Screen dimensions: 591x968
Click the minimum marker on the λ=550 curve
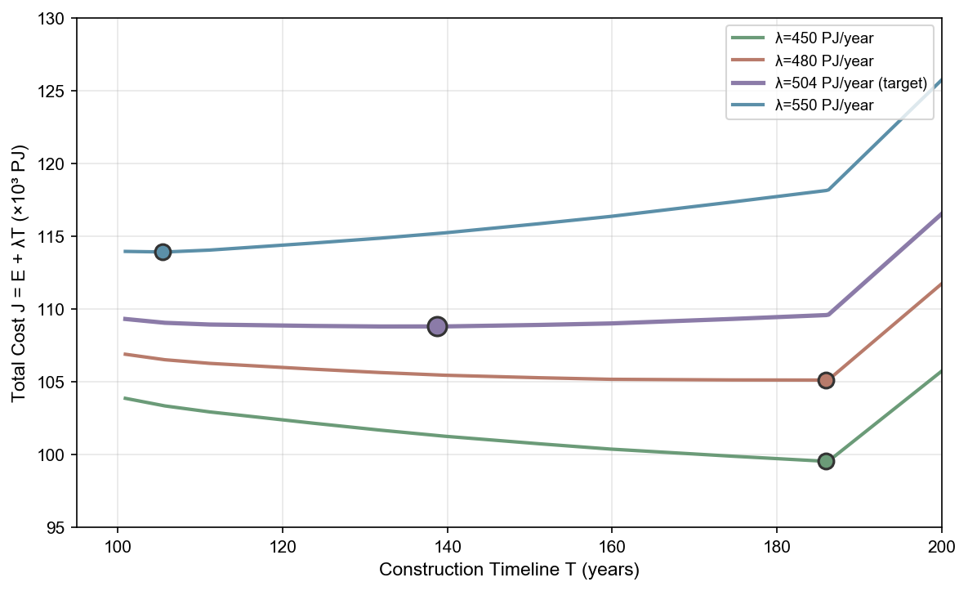tap(163, 252)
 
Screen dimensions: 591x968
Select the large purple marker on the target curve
tap(437, 326)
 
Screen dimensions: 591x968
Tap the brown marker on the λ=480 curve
tap(826, 380)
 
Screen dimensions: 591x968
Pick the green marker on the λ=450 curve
tap(826, 461)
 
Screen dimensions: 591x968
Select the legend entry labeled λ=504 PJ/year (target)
tap(850, 83)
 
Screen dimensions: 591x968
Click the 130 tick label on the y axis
tap(56, 18)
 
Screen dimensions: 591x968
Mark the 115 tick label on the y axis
tap(56, 237)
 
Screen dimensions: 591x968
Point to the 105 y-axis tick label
tap(56, 382)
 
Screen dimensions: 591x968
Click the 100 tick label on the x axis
tap(118, 545)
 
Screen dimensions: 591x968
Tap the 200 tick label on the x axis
tap(942, 545)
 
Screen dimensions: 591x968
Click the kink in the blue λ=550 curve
tap(828, 190)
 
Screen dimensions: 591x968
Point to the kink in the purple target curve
tap(828, 315)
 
